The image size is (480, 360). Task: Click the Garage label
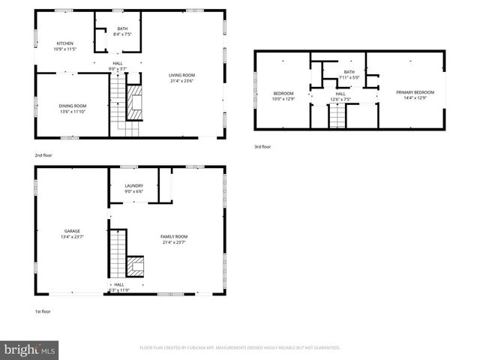[72, 234]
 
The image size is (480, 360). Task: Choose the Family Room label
[174, 239]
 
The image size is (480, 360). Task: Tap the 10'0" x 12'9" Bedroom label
[283, 96]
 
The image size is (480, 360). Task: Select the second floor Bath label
[121, 31]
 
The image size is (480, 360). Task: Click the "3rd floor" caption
[262, 146]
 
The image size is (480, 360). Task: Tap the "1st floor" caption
[42, 311]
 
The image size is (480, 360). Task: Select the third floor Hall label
[340, 96]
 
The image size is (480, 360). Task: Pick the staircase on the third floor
[340, 115]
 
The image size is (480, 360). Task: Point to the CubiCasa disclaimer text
[240, 348]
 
